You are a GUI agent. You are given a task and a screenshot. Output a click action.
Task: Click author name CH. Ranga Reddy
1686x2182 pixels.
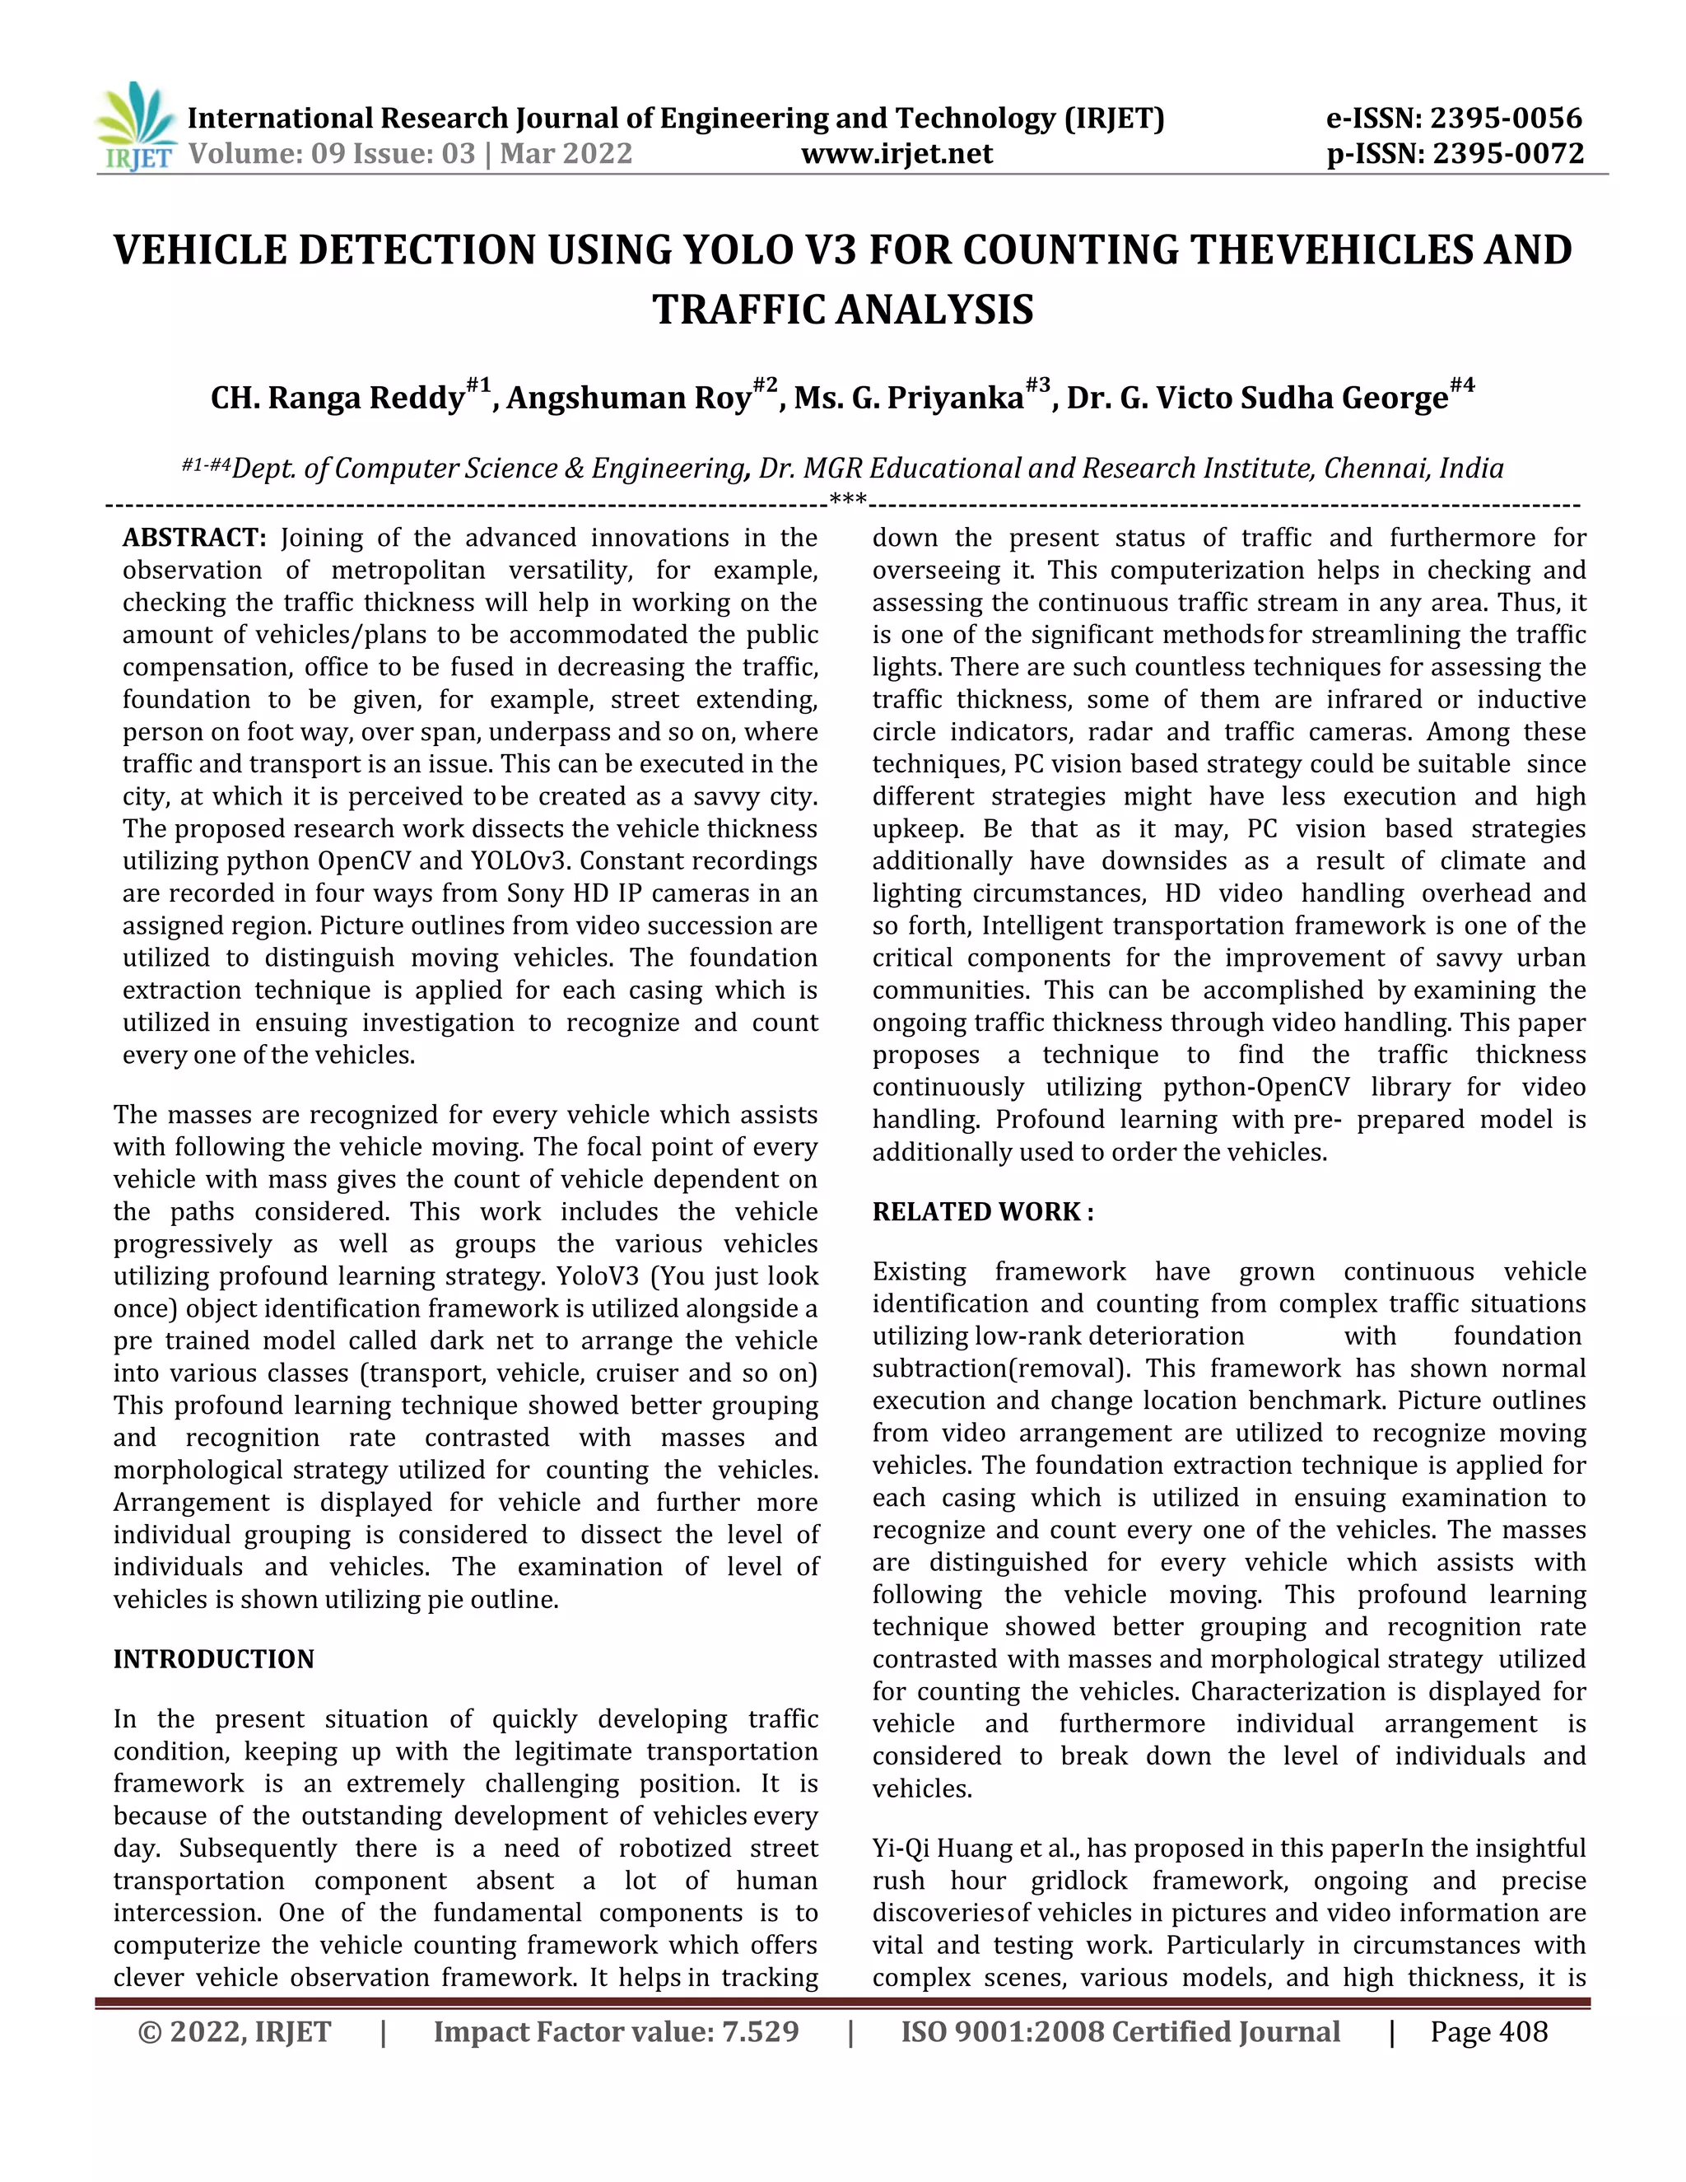338,398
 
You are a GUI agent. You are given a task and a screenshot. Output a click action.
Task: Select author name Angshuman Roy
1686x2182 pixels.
628,398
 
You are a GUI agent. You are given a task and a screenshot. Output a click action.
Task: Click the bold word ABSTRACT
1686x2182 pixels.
193,539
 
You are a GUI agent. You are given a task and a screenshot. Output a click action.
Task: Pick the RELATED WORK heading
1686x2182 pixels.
983,1212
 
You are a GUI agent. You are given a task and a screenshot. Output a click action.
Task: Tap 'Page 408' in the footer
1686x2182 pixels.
1488,2031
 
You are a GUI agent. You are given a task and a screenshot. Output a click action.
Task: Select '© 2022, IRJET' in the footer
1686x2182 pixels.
235,2031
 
